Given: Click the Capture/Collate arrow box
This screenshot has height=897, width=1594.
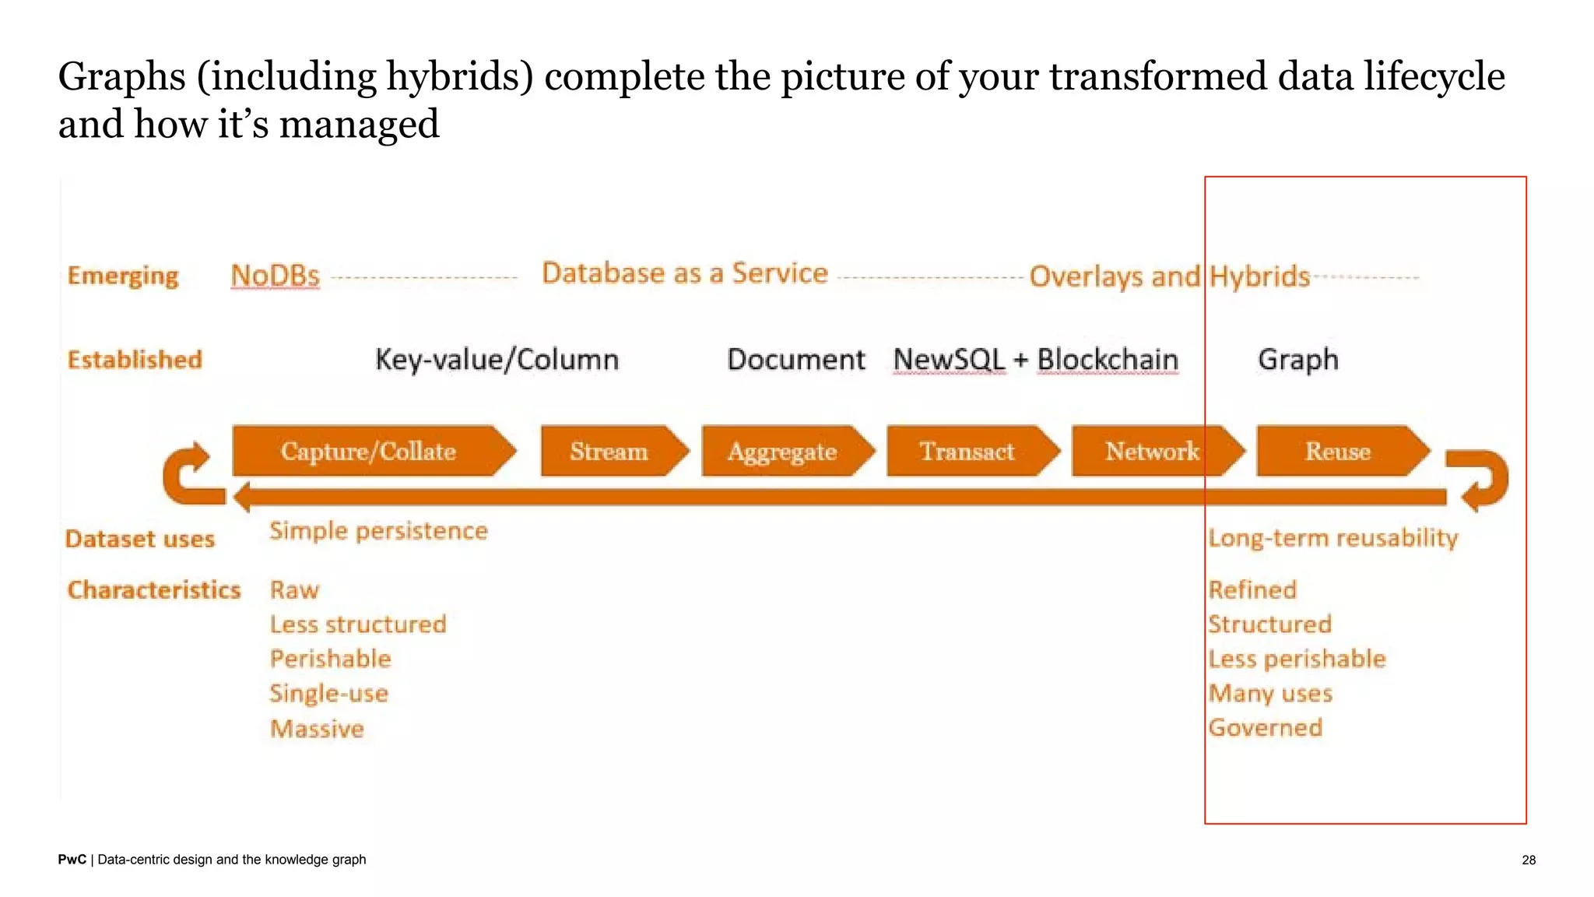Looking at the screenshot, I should (370, 451).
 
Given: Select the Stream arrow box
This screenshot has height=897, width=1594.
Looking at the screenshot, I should (609, 451).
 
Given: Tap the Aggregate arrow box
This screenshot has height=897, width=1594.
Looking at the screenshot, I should (783, 451).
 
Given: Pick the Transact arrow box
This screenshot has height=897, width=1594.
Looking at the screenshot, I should (967, 451).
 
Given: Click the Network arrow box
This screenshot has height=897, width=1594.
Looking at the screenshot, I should (1153, 451).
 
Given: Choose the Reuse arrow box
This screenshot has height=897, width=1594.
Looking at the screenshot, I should (1339, 451).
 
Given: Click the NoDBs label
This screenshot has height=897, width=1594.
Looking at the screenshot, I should (276, 276).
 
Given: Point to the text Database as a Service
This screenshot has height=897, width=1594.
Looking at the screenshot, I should (685, 273).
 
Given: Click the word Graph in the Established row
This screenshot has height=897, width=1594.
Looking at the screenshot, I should (1298, 359).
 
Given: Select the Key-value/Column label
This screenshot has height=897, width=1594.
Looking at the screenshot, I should (497, 359).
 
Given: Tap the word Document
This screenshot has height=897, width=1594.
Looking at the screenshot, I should (796, 359).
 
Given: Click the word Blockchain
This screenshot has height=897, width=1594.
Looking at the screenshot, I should (1108, 359).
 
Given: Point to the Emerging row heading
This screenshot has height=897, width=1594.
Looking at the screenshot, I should (123, 276).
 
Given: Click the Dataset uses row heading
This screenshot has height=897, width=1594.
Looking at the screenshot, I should (140, 539).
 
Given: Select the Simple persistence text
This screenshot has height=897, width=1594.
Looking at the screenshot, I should (379, 531).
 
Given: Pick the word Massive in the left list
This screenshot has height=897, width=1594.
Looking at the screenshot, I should (318, 729).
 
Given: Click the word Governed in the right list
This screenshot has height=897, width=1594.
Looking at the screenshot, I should (1266, 727).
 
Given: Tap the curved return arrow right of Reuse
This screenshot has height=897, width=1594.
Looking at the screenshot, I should (1483, 480).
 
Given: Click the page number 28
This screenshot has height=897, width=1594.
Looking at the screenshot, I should (1529, 860).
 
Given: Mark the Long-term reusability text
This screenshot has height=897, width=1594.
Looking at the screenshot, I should (1333, 538).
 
